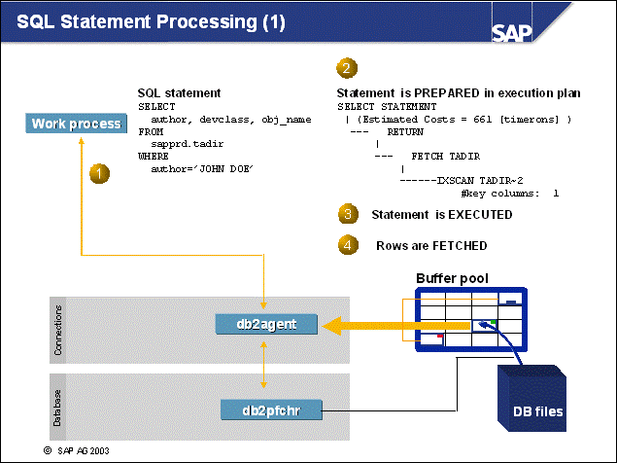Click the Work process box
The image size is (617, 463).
coord(76,124)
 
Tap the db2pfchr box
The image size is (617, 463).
coord(271,410)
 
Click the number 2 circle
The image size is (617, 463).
coord(345,68)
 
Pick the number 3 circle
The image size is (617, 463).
coord(346,214)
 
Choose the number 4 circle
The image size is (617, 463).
coord(346,244)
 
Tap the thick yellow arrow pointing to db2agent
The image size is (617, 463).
coord(364,327)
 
